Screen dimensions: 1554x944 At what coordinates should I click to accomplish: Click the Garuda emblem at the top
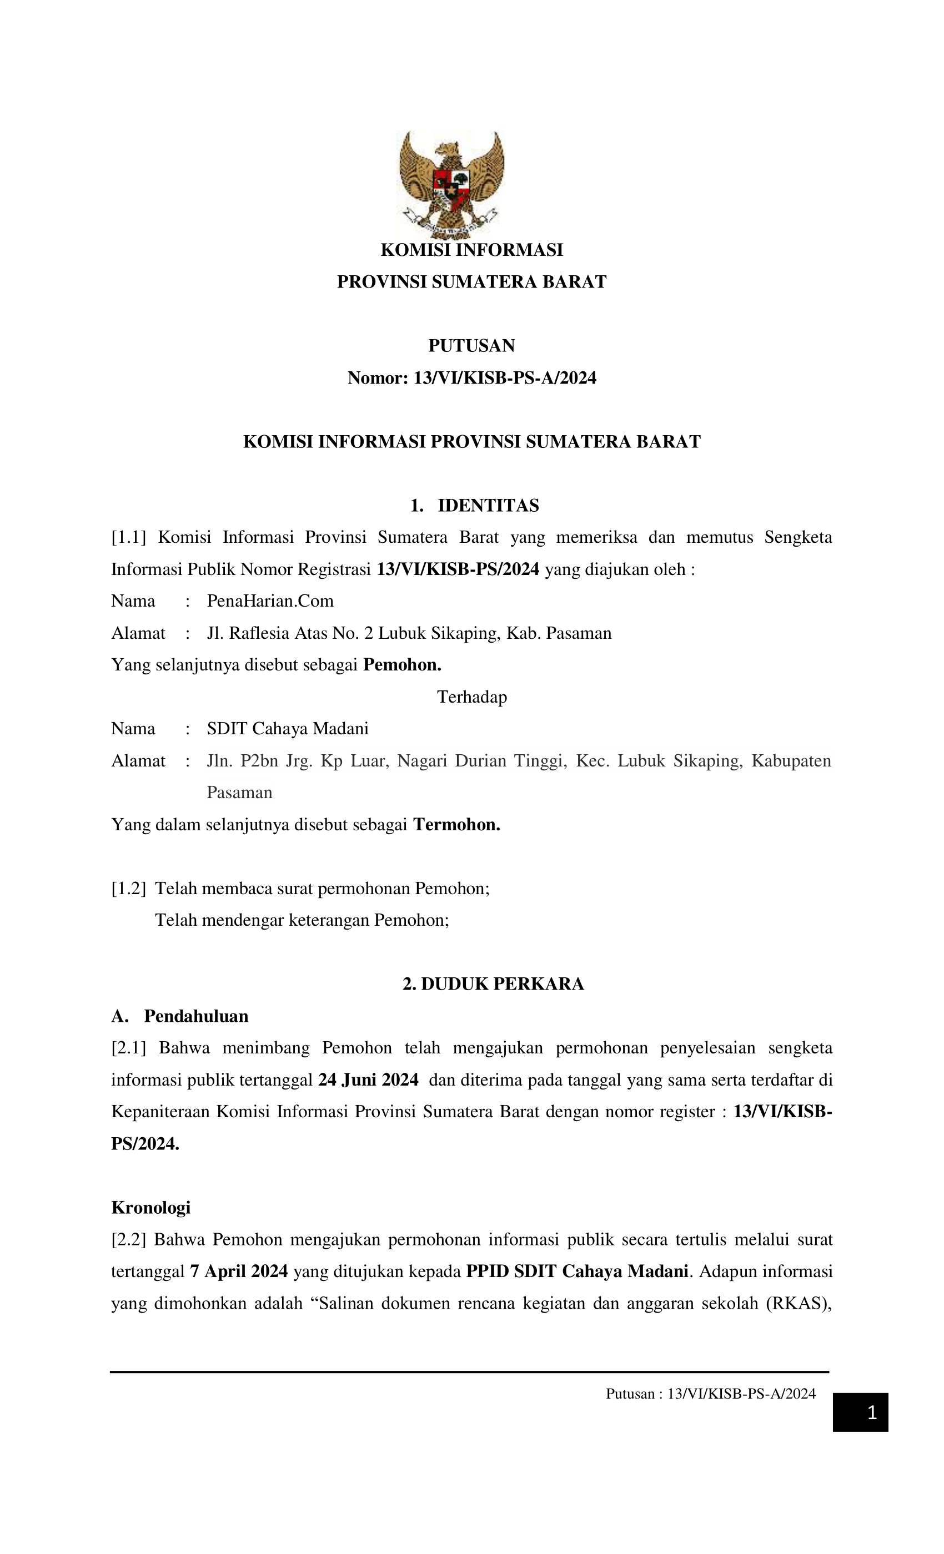tap(450, 184)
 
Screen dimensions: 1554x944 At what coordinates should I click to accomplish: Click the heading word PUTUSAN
tap(471, 346)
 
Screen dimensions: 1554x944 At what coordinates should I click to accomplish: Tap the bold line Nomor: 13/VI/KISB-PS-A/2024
tap(471, 378)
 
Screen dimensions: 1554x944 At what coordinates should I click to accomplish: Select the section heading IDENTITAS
tap(488, 505)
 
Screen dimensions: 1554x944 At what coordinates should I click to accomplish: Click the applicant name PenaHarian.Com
tap(270, 601)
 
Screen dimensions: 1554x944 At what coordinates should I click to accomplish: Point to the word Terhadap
tap(471, 697)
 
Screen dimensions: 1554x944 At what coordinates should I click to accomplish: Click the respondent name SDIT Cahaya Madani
tap(287, 728)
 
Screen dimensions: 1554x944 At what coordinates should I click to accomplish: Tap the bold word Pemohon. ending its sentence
tap(402, 665)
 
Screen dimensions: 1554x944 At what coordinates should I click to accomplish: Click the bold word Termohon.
tap(456, 824)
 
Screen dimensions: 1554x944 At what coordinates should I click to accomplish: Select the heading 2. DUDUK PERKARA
tap(493, 984)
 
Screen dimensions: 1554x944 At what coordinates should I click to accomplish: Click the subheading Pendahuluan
tap(195, 1016)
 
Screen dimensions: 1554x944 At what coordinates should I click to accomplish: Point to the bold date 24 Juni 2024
tap(368, 1079)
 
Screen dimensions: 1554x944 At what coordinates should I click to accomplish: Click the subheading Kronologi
tap(151, 1207)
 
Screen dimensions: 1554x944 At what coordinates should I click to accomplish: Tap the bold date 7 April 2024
tap(239, 1271)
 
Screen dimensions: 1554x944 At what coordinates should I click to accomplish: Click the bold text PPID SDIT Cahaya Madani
tap(577, 1271)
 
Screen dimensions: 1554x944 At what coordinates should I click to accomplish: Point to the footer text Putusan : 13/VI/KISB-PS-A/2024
tap(711, 1394)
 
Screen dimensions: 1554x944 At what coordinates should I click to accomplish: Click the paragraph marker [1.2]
tap(128, 888)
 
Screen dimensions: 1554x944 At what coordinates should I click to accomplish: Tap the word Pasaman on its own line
tap(239, 792)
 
